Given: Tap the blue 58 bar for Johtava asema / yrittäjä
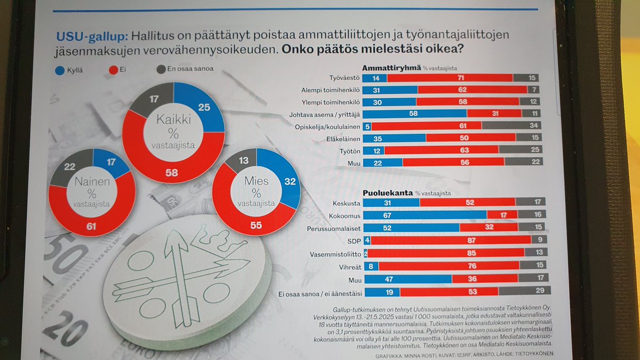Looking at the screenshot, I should [x=414, y=114].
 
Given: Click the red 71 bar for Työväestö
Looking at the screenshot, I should [x=450, y=78].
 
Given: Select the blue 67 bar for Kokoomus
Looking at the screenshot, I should [x=425, y=214].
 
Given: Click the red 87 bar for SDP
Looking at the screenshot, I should [x=451, y=240].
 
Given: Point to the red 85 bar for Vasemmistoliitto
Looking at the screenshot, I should [x=446, y=253].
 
